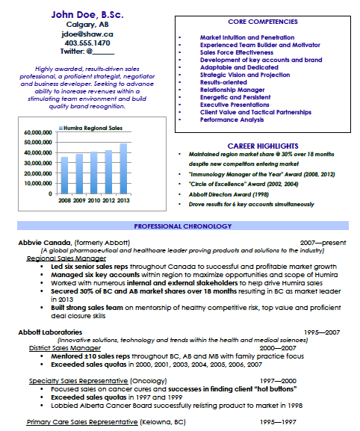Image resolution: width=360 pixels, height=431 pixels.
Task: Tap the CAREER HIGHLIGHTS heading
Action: click(256, 146)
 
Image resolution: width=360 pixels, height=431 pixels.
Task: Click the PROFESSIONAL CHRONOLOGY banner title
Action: click(179, 226)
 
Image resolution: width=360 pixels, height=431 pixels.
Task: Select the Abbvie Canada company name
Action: click(46, 243)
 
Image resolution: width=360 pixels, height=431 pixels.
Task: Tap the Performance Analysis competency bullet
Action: click(231, 119)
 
